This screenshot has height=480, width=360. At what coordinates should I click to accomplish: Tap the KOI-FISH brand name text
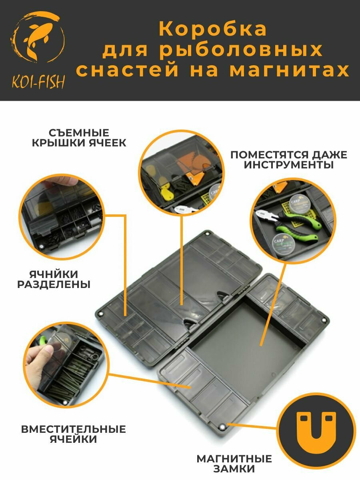coord(38,82)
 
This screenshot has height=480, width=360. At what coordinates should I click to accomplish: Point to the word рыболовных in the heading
coord(241,50)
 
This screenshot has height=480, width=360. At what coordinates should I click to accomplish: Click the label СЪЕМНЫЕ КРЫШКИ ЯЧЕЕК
coord(79,138)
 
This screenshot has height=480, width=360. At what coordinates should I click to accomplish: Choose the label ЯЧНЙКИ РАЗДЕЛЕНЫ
coord(54,280)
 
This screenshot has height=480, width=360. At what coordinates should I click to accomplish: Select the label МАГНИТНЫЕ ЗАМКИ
coord(234,463)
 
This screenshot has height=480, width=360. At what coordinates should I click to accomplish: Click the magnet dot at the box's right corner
coord(324,320)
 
